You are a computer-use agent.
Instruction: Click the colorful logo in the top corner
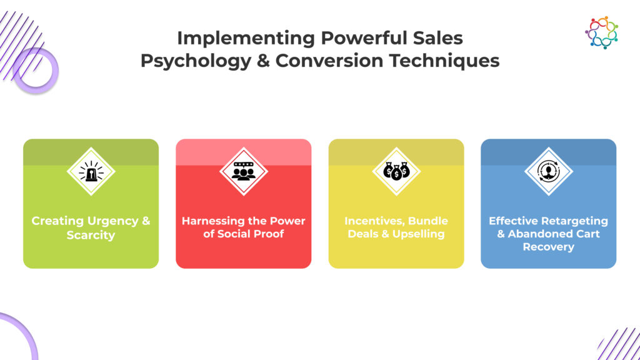coord(602,32)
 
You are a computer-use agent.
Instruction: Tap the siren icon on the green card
coord(91,171)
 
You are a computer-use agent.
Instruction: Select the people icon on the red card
coord(244,171)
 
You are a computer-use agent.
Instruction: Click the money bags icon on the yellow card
coord(396,171)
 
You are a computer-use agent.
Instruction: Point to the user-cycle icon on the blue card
coord(549,171)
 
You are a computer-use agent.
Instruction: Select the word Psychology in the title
coord(196,61)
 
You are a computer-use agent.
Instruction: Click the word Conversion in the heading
coord(329,61)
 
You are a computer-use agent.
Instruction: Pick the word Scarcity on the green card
coord(91,236)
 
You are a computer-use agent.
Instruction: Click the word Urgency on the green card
coord(113,221)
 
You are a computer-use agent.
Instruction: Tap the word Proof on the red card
coord(268,234)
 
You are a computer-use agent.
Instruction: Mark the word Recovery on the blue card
coord(549,247)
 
